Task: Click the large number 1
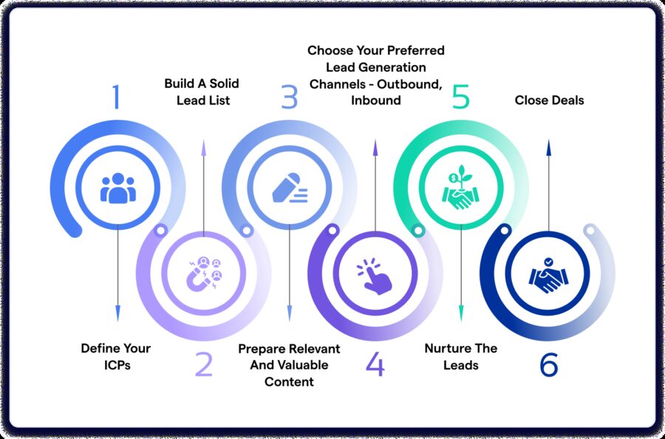click(x=115, y=97)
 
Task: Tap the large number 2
click(x=203, y=364)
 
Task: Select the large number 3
click(x=288, y=97)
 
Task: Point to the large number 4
click(x=375, y=364)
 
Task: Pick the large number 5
click(x=460, y=97)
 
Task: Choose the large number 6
click(x=548, y=364)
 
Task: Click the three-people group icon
click(x=118, y=188)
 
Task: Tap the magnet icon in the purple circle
click(x=203, y=274)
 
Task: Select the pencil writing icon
click(x=289, y=188)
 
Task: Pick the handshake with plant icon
click(x=461, y=188)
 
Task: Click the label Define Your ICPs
click(x=115, y=356)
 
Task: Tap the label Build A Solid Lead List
click(x=202, y=92)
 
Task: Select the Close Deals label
click(x=549, y=100)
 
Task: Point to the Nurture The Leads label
click(x=461, y=356)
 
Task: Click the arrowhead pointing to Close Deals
click(x=548, y=148)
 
